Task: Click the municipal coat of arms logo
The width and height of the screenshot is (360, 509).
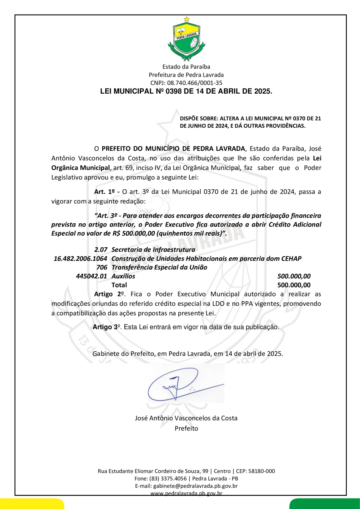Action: pyautogui.click(x=186, y=39)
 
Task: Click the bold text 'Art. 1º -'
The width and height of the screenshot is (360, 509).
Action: pyautogui.click(x=107, y=191)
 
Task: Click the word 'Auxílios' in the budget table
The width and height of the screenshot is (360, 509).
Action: pyautogui.click(x=123, y=276)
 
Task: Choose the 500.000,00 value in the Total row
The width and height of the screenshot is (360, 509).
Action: pyautogui.click(x=294, y=285)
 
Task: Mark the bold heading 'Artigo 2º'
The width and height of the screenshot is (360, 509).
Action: pyautogui.click(x=108, y=294)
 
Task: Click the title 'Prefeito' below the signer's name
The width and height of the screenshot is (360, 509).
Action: pyautogui.click(x=186, y=428)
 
